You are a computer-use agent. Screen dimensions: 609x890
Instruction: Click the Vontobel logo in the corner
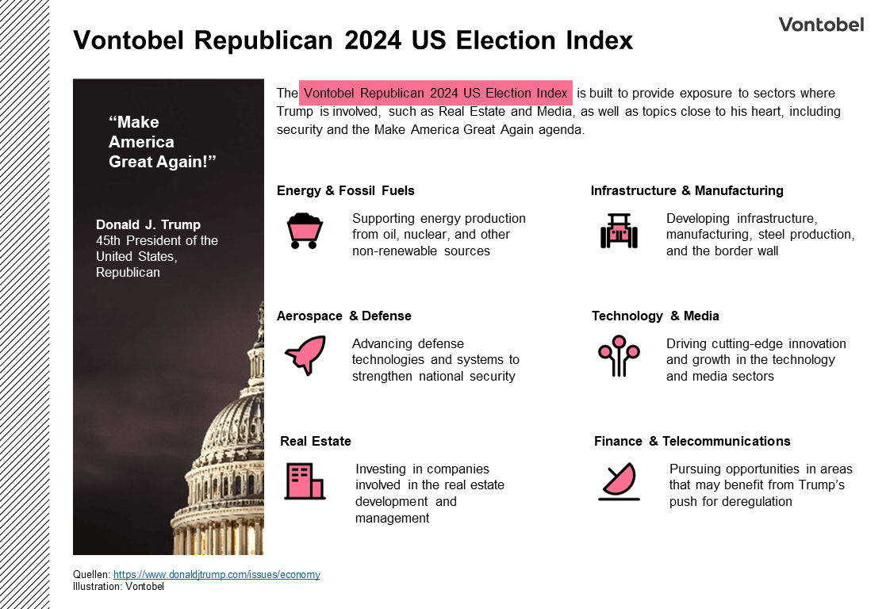click(x=821, y=25)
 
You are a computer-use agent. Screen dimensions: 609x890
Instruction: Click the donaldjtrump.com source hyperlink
click(x=217, y=574)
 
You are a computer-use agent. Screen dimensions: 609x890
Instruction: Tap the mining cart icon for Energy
click(x=304, y=231)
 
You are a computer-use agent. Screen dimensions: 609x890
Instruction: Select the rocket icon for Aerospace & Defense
click(x=305, y=355)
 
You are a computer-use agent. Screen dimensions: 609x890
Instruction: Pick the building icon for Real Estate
click(x=305, y=481)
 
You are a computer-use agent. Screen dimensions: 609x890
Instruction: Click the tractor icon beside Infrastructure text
click(x=618, y=231)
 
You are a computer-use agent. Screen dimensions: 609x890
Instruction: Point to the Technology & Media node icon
click(x=618, y=356)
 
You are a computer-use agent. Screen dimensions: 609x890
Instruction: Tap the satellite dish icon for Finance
click(x=618, y=481)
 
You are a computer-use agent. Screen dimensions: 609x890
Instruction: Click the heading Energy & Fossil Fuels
click(x=345, y=190)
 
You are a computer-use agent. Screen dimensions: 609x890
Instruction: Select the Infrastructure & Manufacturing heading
click(x=686, y=190)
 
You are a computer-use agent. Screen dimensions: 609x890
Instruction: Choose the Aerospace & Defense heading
click(x=343, y=316)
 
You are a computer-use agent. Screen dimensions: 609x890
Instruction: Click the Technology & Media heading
click(x=654, y=316)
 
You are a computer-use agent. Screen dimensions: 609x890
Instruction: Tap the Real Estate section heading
click(x=315, y=441)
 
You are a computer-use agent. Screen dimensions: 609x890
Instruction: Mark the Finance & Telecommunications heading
click(x=692, y=441)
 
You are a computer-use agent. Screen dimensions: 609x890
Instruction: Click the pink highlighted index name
click(x=435, y=93)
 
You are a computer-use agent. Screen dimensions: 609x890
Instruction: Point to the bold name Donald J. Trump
click(x=148, y=224)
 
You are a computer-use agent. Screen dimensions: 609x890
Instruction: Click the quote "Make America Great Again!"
click(x=162, y=142)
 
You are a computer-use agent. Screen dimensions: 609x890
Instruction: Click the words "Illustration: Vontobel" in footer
click(x=118, y=587)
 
